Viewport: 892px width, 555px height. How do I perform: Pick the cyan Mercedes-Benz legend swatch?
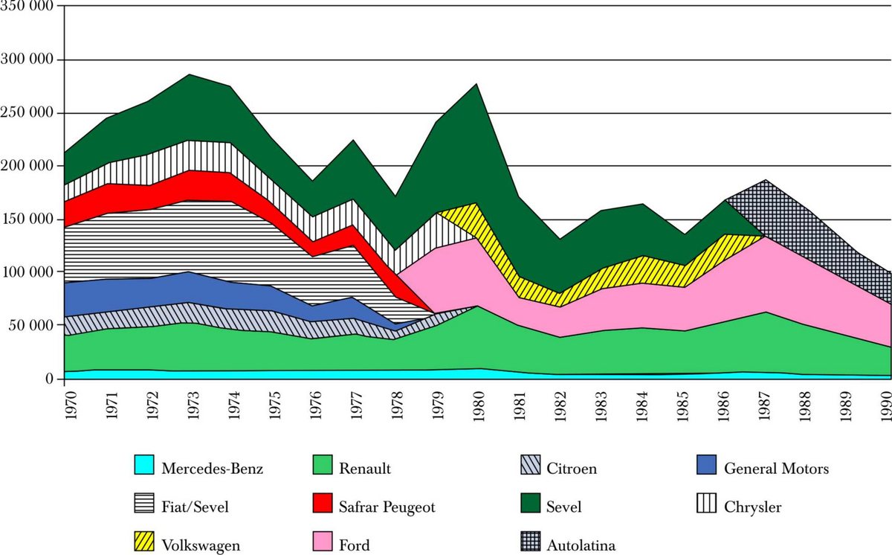pos(143,469)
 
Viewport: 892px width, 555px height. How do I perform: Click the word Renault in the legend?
pos(364,469)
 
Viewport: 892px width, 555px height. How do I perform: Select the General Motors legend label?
pos(775,469)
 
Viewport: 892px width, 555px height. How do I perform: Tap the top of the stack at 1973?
pos(190,75)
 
